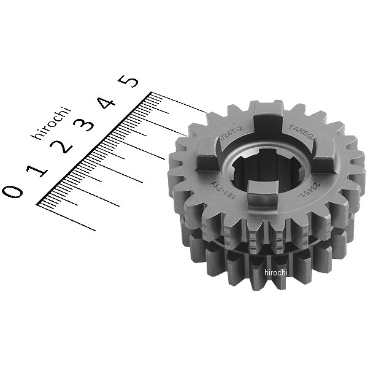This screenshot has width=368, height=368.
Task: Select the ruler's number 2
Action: [x=61, y=147]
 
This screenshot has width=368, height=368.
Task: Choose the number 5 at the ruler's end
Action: [x=131, y=80]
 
